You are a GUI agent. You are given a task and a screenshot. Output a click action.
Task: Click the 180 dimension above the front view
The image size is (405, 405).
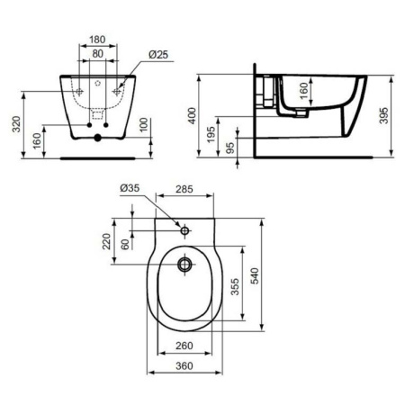tap(99, 40)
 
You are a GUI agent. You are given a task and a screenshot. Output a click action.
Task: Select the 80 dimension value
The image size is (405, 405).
tap(97, 54)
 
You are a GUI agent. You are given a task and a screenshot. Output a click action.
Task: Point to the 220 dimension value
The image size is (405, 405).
tap(106, 241)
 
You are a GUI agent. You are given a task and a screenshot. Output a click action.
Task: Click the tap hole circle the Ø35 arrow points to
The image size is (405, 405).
tap(185, 231)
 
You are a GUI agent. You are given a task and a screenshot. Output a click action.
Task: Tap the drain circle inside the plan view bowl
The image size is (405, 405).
tap(185, 265)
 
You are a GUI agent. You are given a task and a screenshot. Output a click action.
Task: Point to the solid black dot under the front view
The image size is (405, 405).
tap(97, 140)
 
